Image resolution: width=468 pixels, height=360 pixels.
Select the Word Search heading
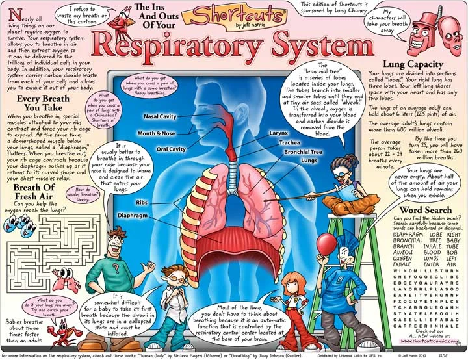coord(423,211)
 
